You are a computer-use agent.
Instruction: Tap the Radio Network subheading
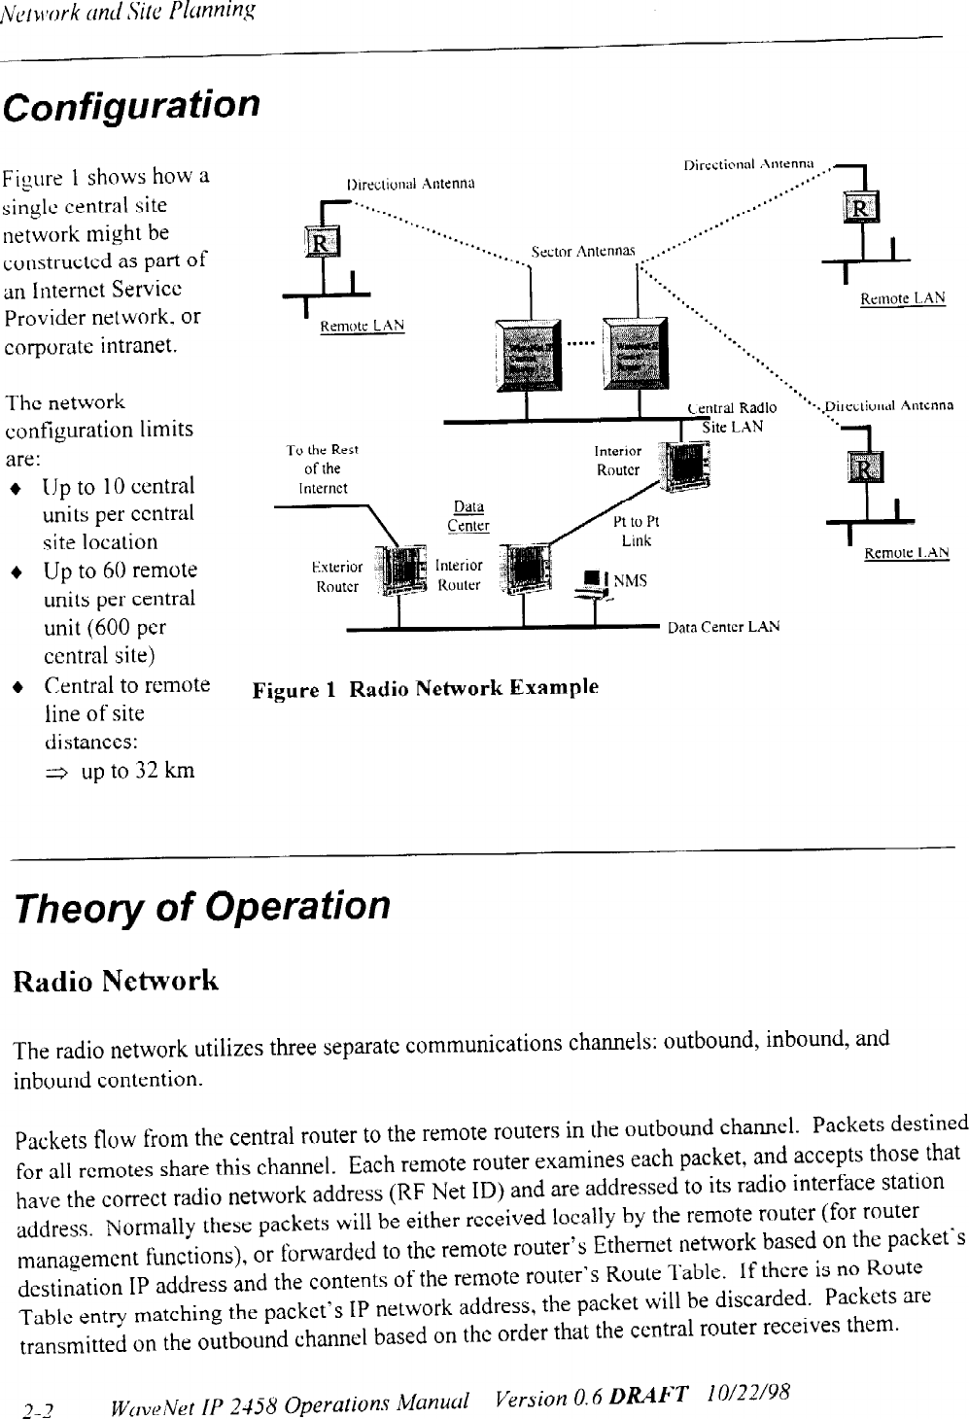coord(116,980)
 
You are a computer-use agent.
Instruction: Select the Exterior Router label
coord(336,576)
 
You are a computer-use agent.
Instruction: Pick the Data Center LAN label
coord(723,627)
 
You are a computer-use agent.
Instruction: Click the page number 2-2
coord(38,1405)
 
